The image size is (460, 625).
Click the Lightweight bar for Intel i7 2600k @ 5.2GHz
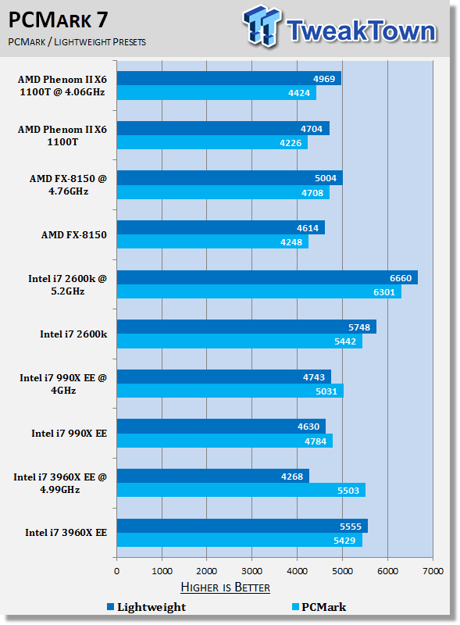267,277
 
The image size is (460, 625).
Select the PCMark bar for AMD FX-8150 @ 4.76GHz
223,192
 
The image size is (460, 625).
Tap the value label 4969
323,79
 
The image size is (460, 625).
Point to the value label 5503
348,491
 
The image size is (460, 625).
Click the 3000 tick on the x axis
252,571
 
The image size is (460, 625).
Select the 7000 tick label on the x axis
433,571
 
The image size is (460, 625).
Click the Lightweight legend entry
146,607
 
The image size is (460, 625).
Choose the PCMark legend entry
319,607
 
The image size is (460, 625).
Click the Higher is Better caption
225,587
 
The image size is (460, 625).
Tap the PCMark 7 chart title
59,20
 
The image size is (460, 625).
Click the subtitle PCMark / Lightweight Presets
77,42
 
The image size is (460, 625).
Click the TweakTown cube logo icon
262,27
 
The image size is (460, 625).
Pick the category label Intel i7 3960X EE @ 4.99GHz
60,483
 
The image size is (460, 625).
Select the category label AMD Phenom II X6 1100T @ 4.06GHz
62,86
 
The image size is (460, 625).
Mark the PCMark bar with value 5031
230,391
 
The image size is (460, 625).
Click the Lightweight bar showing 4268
213,476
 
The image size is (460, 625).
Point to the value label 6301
384,292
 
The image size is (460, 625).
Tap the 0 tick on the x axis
117,571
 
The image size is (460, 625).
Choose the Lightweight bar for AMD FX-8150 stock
221,227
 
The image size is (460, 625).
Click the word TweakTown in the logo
361,30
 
